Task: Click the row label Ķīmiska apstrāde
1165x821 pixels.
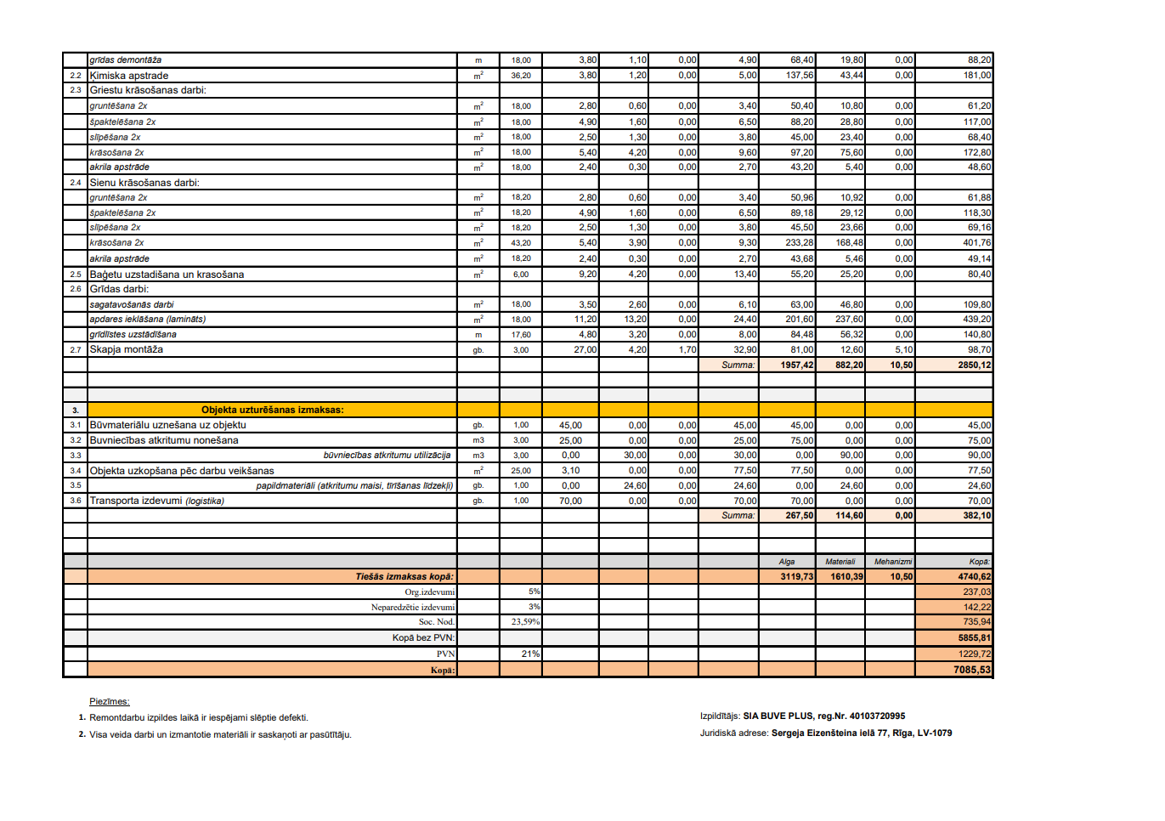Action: point(129,76)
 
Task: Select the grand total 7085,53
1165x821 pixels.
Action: point(971,670)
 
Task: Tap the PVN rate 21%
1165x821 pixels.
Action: point(530,654)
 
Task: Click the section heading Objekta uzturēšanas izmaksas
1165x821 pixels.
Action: point(272,410)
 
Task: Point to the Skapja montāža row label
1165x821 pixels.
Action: point(127,349)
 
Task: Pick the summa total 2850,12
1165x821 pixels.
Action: point(974,365)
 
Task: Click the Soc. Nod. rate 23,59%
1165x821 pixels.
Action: point(525,622)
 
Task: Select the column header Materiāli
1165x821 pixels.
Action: point(840,562)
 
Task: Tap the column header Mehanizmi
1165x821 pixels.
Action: point(893,562)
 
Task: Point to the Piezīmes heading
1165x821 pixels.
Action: point(110,701)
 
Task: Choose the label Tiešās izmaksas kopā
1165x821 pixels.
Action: point(404,576)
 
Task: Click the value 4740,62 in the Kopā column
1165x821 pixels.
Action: point(974,576)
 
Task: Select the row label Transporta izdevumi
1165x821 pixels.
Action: point(157,501)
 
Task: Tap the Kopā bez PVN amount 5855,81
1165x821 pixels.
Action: point(974,637)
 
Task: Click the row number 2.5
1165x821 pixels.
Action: point(76,275)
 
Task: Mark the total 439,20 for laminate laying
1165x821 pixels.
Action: point(976,320)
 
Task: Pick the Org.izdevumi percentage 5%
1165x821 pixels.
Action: point(534,592)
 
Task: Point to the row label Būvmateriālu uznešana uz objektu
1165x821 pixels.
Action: point(168,425)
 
